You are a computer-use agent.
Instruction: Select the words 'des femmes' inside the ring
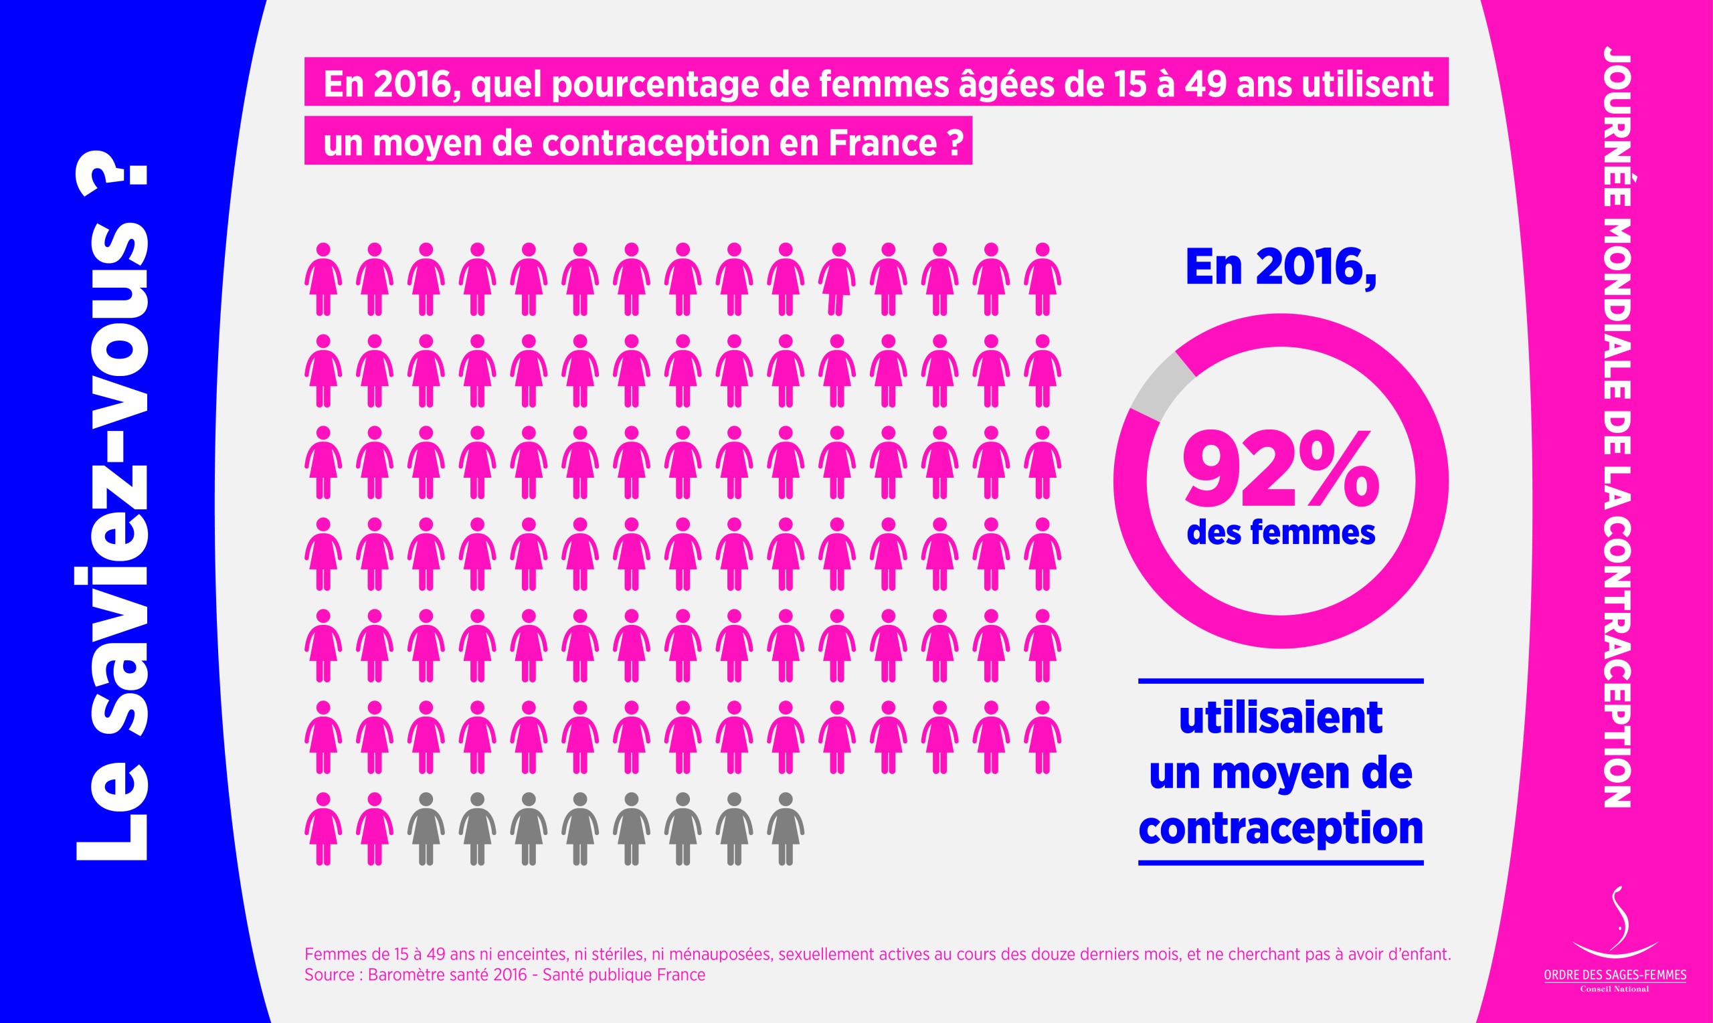1281,533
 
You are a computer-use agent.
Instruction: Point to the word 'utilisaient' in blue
1280,718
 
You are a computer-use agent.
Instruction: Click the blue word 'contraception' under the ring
1280,827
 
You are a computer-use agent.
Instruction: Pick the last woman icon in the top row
1043,278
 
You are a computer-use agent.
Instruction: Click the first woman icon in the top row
323,278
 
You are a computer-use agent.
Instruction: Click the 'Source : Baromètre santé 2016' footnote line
505,975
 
